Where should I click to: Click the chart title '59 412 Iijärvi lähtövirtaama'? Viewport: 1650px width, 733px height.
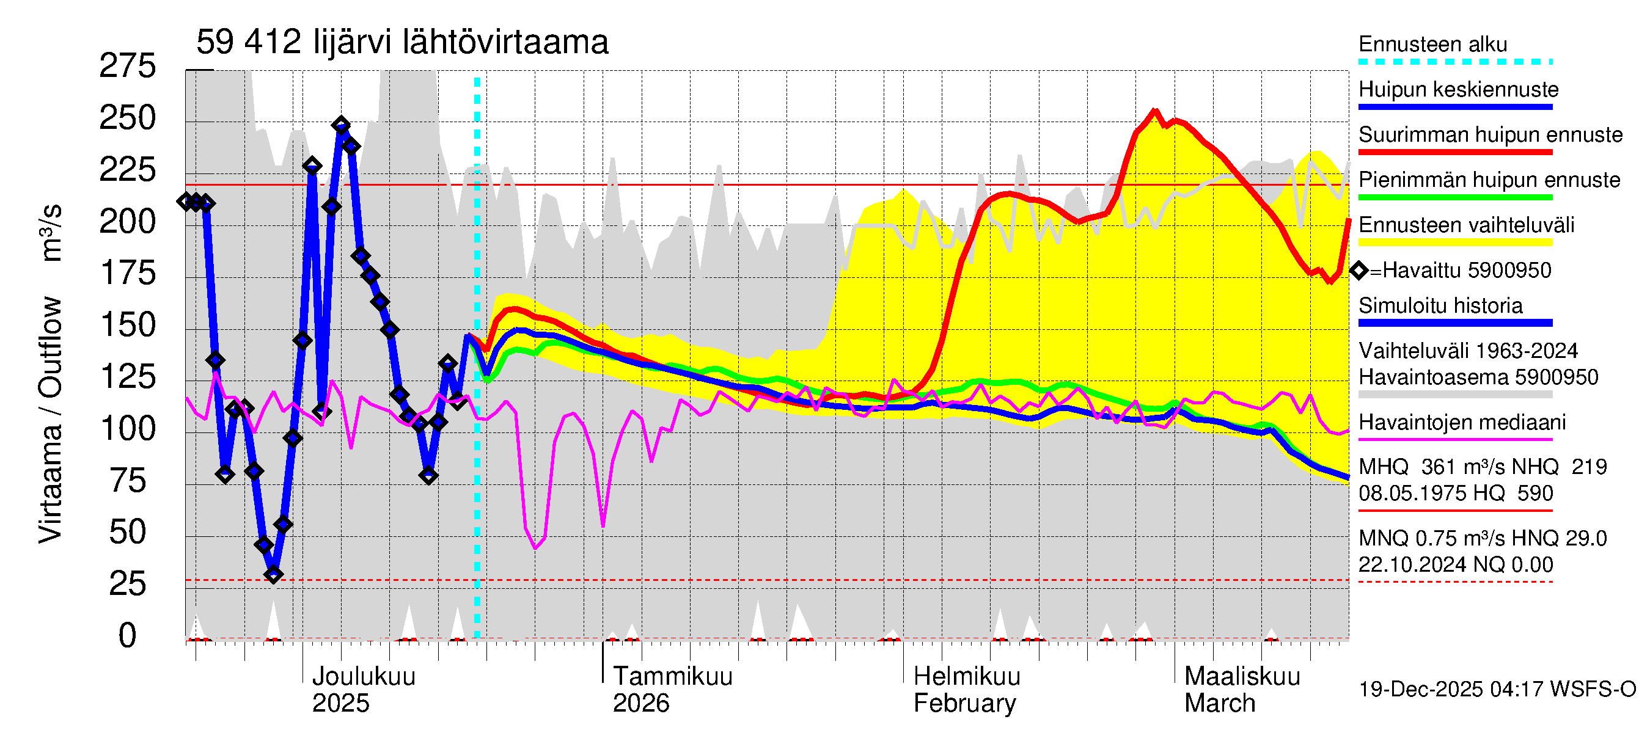click(402, 43)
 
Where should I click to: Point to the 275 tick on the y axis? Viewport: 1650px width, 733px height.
click(128, 66)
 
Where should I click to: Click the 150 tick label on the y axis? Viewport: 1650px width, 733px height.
click(128, 325)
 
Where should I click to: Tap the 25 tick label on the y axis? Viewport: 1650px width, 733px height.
click(128, 584)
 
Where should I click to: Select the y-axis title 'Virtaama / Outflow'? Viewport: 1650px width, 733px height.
click(50, 419)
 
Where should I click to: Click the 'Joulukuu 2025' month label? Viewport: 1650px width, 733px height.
click(363, 690)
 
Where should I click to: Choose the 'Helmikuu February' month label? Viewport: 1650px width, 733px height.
click(966, 690)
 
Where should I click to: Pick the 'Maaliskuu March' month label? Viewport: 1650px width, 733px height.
click(1241, 690)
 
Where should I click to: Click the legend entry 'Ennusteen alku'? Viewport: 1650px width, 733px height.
click(1432, 45)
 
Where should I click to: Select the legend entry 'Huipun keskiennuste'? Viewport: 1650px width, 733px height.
click(1458, 90)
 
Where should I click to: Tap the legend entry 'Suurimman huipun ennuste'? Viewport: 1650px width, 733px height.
click(1490, 135)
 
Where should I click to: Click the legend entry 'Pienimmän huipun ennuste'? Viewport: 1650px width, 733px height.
click(1489, 180)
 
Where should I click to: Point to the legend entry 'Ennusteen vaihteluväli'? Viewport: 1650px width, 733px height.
click(1465, 225)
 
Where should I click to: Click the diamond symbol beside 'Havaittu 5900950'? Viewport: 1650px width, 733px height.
click(1358, 271)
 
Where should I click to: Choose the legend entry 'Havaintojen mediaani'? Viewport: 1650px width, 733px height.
click(1462, 423)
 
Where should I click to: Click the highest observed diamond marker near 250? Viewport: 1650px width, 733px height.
click(341, 125)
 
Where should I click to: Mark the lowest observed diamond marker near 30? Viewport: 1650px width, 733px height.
click(274, 574)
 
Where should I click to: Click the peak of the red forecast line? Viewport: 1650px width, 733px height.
click(1155, 111)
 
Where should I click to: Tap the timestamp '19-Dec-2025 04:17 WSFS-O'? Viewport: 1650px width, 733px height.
click(1497, 690)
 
